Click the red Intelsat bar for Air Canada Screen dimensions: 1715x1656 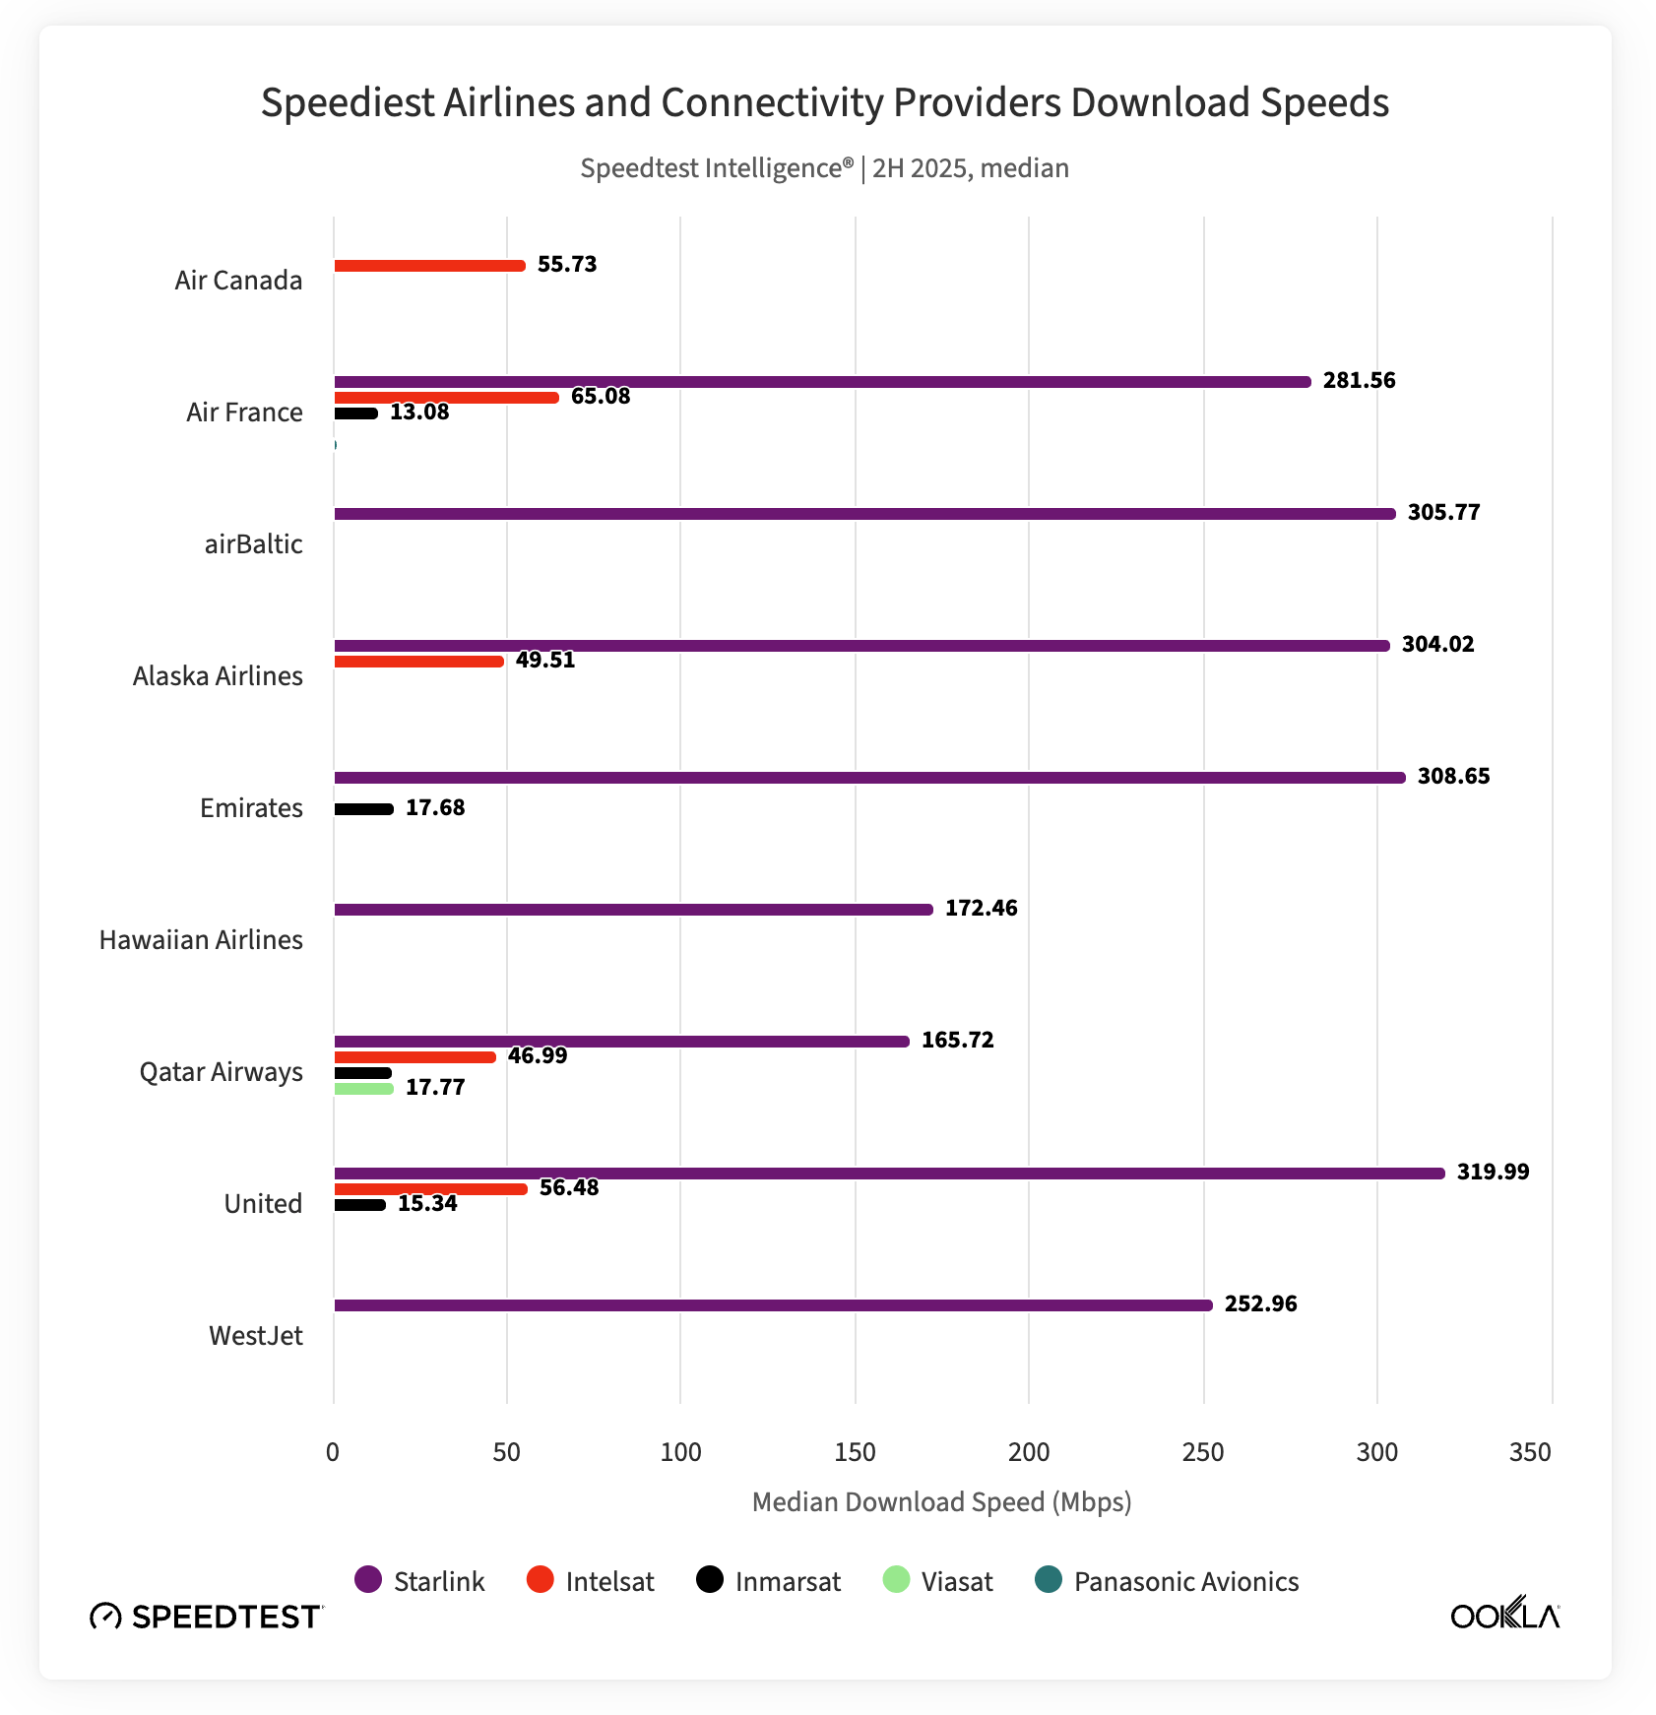429,266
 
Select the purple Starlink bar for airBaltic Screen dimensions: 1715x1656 864,514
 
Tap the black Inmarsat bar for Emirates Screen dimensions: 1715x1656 363,809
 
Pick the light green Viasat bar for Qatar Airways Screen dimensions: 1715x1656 363,1089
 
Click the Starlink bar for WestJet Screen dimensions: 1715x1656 773,1305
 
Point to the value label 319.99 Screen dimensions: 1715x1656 1493,1172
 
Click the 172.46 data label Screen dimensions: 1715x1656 981,908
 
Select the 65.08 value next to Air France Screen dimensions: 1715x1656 601,396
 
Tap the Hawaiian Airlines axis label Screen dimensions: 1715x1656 201,940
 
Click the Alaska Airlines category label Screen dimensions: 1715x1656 218,676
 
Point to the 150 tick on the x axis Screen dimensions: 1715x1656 855,1452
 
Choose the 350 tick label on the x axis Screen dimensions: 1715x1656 1529,1452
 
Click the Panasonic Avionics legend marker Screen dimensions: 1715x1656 1049,1580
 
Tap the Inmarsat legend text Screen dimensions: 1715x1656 788,1582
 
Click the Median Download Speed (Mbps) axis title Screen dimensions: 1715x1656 941,1502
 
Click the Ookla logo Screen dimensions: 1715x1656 1504,1616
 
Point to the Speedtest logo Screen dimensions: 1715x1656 206,1617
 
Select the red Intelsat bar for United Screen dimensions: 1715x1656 430,1189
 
